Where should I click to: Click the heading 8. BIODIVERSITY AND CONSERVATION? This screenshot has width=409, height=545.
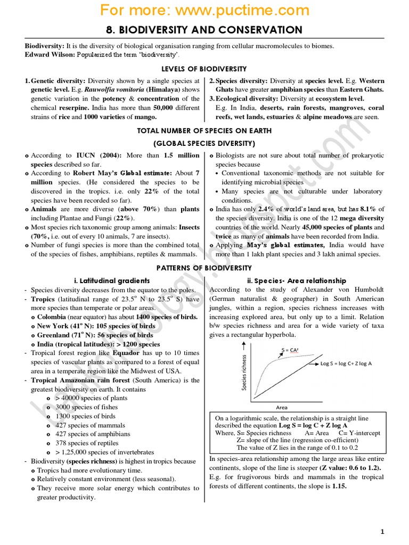click(x=204, y=30)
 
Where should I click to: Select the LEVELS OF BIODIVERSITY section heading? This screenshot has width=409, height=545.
click(x=204, y=69)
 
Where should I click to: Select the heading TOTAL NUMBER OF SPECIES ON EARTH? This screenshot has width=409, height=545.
click(x=204, y=131)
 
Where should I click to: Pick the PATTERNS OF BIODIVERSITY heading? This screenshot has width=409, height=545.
click(x=204, y=267)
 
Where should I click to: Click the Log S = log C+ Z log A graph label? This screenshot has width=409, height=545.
click(x=346, y=363)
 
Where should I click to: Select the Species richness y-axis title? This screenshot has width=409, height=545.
click(x=244, y=373)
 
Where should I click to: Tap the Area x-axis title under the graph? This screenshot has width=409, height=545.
click(x=282, y=407)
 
